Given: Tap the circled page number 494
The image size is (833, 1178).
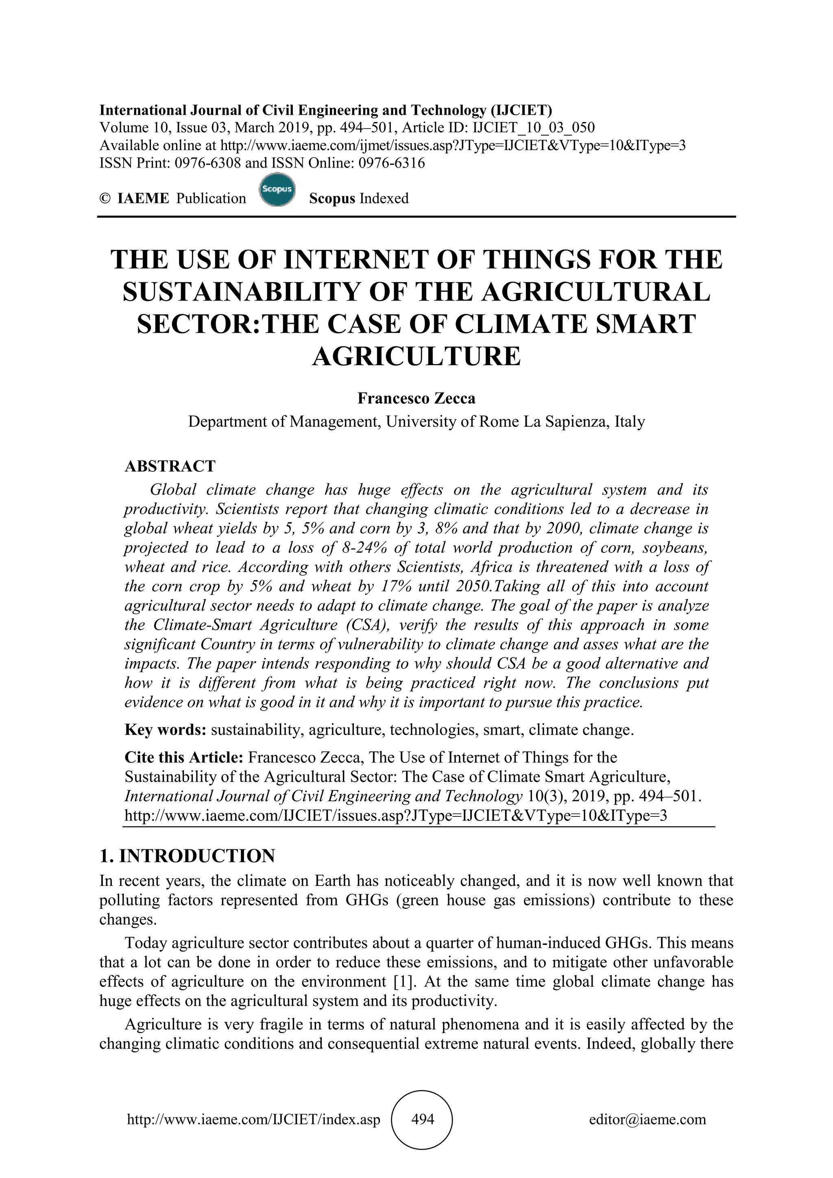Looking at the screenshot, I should click(x=423, y=1119).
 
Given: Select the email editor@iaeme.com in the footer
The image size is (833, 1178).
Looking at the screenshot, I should click(x=647, y=1119).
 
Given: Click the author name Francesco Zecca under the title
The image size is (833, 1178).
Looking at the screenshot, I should click(x=416, y=398).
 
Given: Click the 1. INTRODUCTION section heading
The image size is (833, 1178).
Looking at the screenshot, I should click(x=187, y=856).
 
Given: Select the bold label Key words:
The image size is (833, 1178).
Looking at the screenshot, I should click(x=165, y=730).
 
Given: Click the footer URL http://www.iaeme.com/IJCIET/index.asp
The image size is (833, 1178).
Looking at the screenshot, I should click(x=253, y=1119).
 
